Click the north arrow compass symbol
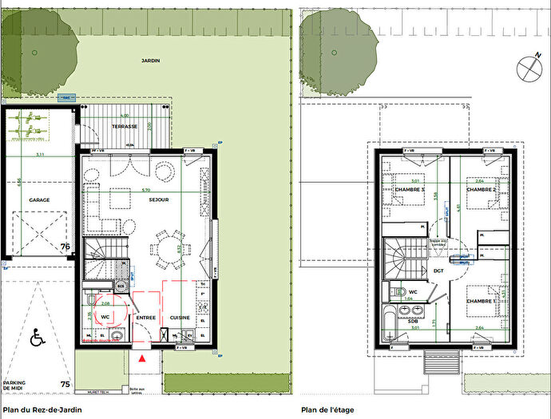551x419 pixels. pyautogui.click(x=527, y=68)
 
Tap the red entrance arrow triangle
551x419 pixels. pyautogui.click(x=142, y=360)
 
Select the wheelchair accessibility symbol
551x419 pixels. pyautogui.click(x=37, y=338)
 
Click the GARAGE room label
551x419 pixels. pyautogui.click(x=40, y=201)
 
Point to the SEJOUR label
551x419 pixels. pyautogui.click(x=157, y=200)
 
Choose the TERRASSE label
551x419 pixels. pyautogui.click(x=125, y=127)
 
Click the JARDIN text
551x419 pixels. pyautogui.click(x=151, y=61)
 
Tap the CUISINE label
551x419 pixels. pyautogui.click(x=180, y=318)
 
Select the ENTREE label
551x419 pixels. pyautogui.click(x=145, y=318)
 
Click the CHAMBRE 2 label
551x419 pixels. pyautogui.click(x=482, y=189)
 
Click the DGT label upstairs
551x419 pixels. pyautogui.click(x=438, y=271)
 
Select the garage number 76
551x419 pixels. pyautogui.click(x=65, y=247)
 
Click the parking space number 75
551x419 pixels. pyautogui.click(x=65, y=385)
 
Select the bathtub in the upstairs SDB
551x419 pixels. pyautogui.click(x=390, y=322)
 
